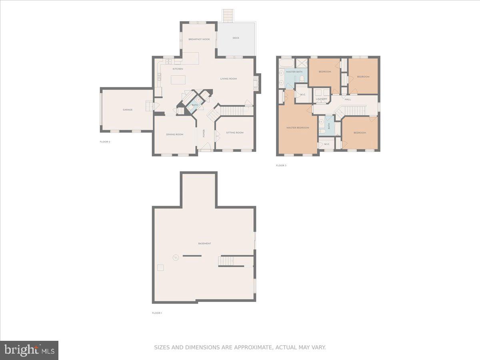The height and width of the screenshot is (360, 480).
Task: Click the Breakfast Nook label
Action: [x=199, y=39]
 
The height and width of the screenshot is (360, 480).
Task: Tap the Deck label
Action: [x=236, y=38]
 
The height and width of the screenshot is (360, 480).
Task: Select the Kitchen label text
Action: [x=178, y=69]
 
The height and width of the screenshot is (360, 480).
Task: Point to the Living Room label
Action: [x=228, y=79]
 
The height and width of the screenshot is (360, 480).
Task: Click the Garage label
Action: [x=128, y=110]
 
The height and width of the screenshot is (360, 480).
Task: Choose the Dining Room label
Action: [x=174, y=134]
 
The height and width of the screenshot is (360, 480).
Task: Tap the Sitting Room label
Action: [x=234, y=133]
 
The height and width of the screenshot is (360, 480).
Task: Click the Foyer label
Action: [x=204, y=133]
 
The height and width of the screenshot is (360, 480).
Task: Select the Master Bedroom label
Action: [x=298, y=128]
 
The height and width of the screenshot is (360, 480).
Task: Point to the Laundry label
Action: [x=321, y=99]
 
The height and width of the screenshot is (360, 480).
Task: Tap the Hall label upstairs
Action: [x=348, y=99]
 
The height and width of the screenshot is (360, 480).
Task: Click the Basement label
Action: [x=204, y=244]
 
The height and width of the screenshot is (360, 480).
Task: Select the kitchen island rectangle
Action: [x=179, y=80]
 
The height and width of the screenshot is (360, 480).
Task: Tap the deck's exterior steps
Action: [x=228, y=16]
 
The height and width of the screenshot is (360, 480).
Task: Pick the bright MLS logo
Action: [x=29, y=350]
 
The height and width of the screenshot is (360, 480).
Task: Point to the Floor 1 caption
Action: [x=157, y=313]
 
